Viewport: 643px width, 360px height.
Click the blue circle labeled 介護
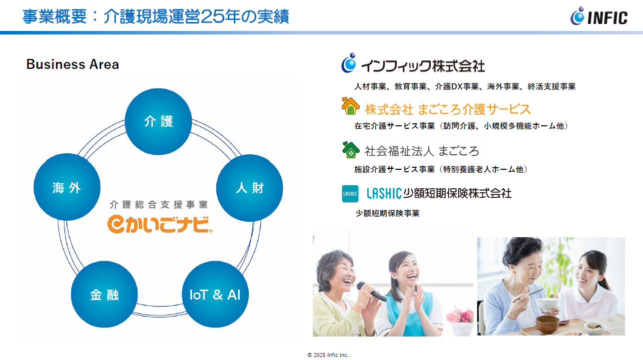pos(158,122)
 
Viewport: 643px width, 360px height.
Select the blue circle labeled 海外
pos(67,187)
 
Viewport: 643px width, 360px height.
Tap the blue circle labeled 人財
pos(249,188)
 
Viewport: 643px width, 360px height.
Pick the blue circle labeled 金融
pos(104,294)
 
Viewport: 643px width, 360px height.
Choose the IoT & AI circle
pos(215,294)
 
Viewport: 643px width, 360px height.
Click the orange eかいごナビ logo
pos(159,224)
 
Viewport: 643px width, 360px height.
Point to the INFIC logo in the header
pos(599,16)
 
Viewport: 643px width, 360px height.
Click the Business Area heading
pos(72,64)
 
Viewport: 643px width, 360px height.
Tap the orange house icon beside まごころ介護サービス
pos(350,106)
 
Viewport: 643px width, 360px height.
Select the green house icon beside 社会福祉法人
pos(351,150)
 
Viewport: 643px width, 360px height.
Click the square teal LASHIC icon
pos(350,194)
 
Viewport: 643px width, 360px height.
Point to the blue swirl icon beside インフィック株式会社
pos(349,63)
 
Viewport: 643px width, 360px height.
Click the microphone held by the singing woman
pos(371,291)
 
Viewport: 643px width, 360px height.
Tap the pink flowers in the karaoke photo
pos(461,316)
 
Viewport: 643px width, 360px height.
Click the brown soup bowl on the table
pos(548,324)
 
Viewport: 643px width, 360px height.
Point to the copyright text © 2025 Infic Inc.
pos(328,355)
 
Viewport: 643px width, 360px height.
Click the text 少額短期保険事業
pos(388,213)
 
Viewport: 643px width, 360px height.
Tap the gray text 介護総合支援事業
pos(159,205)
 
